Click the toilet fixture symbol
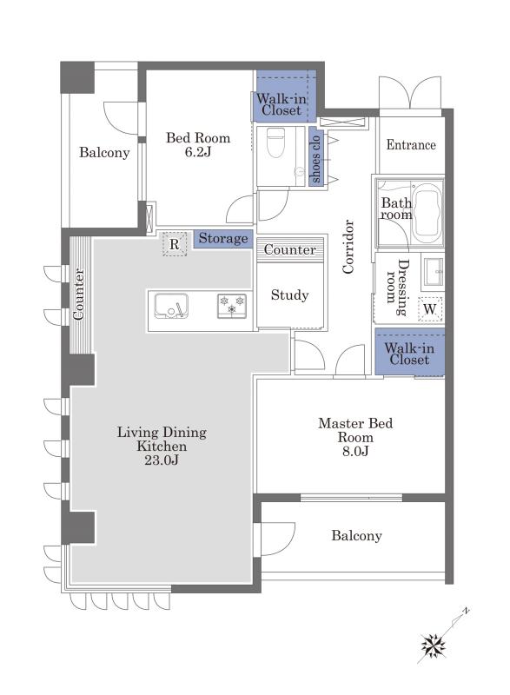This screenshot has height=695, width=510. pyautogui.click(x=275, y=142)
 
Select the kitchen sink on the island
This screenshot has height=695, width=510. pyautogui.click(x=171, y=306)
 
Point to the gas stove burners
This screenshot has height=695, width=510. pyautogui.click(x=232, y=306)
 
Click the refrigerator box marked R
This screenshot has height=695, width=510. pyautogui.click(x=175, y=244)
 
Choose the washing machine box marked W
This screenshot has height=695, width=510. pyautogui.click(x=430, y=309)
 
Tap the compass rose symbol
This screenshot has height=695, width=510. pyautogui.click(x=434, y=645)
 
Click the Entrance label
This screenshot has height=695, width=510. pyautogui.click(x=411, y=144)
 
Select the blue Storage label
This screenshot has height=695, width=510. pyautogui.click(x=223, y=238)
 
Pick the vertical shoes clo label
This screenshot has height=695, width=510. pyautogui.click(x=315, y=158)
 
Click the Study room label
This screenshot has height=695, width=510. pyautogui.click(x=290, y=295)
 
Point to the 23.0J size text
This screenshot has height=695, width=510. pyautogui.click(x=162, y=460)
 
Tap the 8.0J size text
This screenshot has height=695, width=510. pyautogui.click(x=355, y=451)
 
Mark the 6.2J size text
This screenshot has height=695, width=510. pyautogui.click(x=198, y=152)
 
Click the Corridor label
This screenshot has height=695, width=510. pyautogui.click(x=348, y=247)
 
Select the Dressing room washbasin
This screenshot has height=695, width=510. pyautogui.click(x=433, y=271)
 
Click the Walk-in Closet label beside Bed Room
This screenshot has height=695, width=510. pyautogui.click(x=281, y=104)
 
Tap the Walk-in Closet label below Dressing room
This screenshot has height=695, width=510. pyautogui.click(x=409, y=354)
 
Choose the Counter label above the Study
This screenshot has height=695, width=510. pyautogui.click(x=290, y=249)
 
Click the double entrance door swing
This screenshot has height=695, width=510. pyautogui.click(x=410, y=92)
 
